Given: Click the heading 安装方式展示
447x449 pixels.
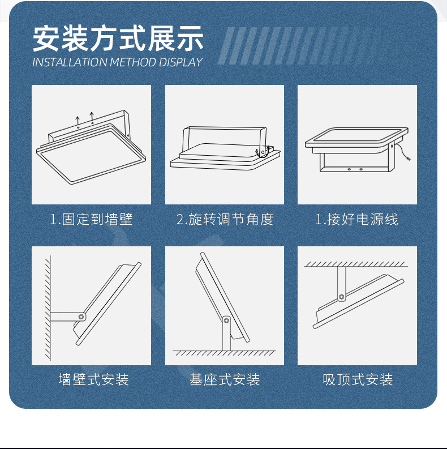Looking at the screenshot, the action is point(118,39).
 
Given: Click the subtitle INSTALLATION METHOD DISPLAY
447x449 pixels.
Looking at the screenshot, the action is point(117,62).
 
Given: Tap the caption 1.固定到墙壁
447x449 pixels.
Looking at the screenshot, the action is point(91,219).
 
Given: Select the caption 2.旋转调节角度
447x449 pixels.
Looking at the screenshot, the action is point(225,219).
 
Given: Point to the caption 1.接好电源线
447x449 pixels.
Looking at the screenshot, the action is point(356,219).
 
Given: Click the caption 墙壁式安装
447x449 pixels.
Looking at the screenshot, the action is point(93,380).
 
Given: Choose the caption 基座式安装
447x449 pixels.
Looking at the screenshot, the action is point(225,380).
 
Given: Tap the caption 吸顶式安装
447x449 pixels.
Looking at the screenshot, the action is point(358,380).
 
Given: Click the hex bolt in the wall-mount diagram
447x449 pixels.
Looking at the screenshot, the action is point(81,317).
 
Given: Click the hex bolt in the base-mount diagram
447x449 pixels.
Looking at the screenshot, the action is point(226,320).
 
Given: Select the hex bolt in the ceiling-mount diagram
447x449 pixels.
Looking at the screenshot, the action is point(341,296).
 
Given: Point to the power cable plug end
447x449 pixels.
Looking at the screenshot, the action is point(409,158).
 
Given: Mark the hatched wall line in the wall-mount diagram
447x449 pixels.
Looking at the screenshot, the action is point(48,308).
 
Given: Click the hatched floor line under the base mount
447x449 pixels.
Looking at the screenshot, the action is point(224,353).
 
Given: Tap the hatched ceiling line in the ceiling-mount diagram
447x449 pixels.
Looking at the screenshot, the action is point(356,264).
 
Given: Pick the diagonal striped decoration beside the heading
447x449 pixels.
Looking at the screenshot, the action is point(298,46).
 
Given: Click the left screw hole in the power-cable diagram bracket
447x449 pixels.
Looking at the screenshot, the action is point(349,169).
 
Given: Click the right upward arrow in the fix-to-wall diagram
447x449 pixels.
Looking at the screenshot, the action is point(92,117).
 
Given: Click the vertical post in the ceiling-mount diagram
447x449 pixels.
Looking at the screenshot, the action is point(341,284).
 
